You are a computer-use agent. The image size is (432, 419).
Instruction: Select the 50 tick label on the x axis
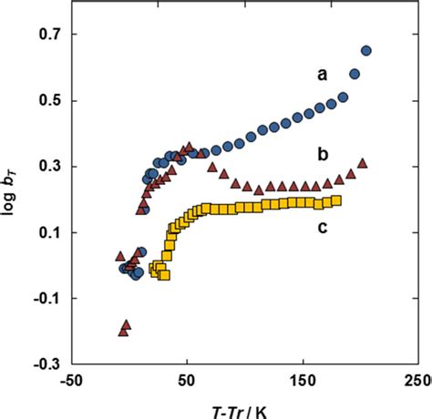click(187, 380)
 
